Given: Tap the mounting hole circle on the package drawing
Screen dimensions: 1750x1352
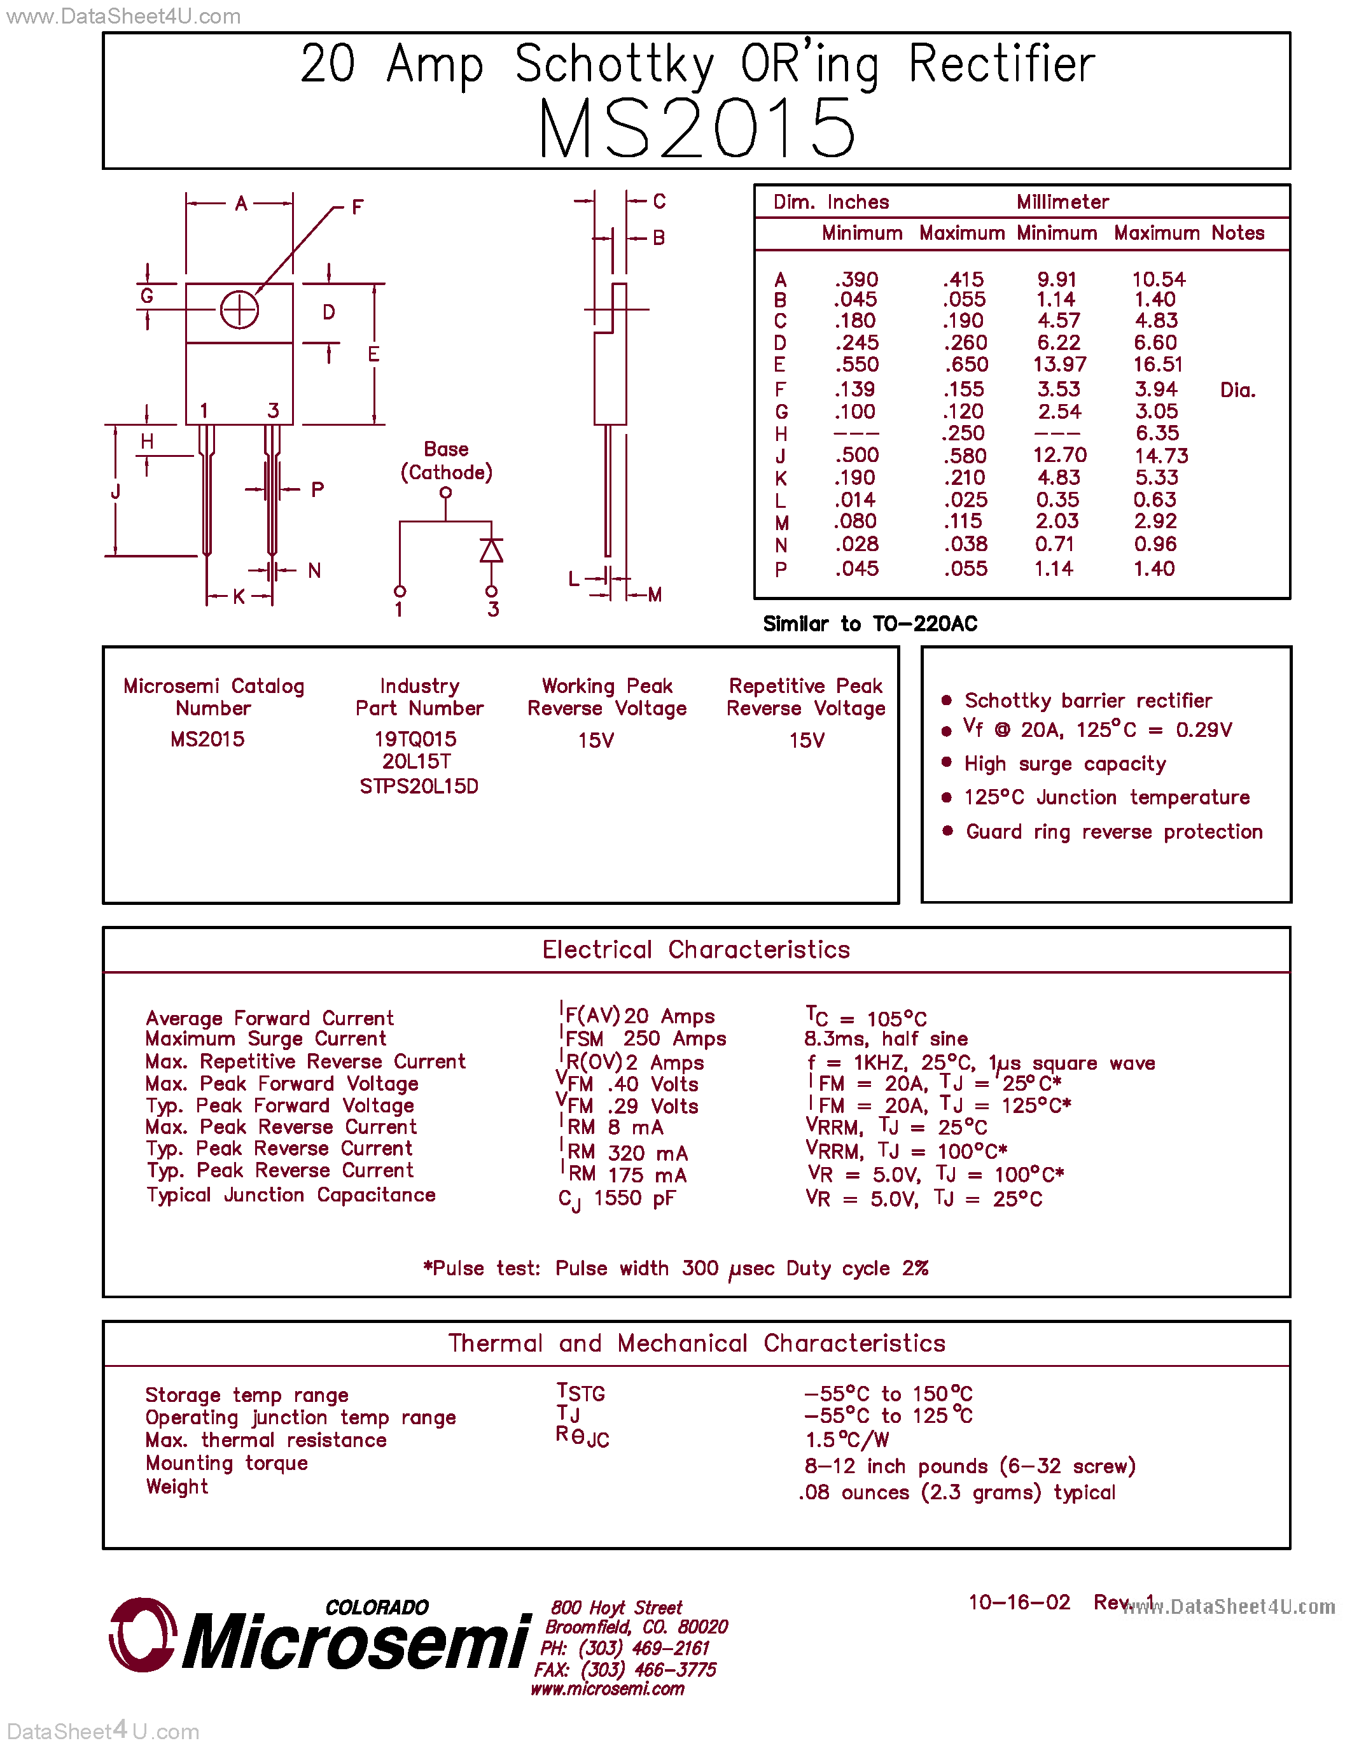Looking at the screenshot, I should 239,310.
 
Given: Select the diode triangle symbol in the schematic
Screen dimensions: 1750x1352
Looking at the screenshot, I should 491,550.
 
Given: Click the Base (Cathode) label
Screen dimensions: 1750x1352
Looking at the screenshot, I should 446,461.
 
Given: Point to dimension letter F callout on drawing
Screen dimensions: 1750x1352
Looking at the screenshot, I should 357,207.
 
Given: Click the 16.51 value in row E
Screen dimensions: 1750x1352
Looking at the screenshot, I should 1157,365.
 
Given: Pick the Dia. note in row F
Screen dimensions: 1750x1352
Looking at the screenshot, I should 1237,390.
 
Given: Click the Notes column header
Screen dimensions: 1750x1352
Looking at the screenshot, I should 1237,233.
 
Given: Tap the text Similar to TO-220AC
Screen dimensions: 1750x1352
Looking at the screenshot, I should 870,624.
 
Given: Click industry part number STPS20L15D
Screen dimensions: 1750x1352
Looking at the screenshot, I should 419,786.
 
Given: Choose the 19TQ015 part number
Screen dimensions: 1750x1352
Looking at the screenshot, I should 415,739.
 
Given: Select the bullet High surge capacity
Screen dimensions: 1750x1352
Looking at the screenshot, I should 1064,764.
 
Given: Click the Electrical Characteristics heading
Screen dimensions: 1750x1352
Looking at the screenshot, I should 696,949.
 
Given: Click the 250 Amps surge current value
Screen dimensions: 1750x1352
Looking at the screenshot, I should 674,1039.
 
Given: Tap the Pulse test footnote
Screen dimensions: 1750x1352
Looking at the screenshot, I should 675,1268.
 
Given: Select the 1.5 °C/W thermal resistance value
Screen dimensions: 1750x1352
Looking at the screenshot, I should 847,1440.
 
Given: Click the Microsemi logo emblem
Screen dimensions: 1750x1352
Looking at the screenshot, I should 143,1635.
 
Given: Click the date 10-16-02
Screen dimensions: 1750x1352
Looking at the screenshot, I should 1019,1602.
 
